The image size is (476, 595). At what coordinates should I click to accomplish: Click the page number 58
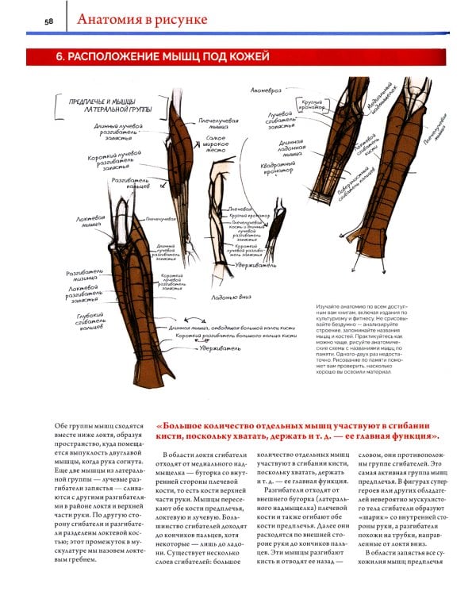click(x=50, y=21)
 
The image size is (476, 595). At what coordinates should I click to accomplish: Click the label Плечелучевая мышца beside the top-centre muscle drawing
click(x=218, y=124)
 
